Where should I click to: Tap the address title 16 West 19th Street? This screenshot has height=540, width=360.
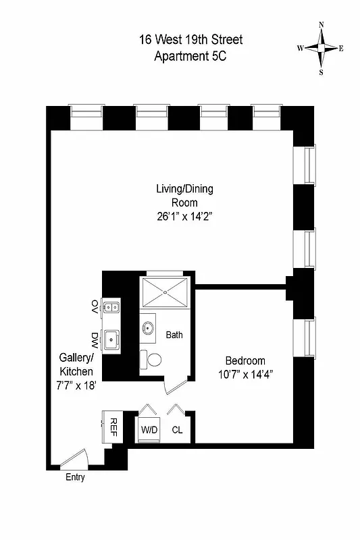190,40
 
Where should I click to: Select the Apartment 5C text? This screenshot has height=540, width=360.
190,56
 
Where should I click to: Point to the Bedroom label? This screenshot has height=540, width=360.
245,360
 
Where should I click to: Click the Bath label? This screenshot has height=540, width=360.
174,334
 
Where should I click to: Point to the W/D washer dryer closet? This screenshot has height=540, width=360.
149,429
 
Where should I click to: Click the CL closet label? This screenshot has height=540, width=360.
177,429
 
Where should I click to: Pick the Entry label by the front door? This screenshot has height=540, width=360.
75,478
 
